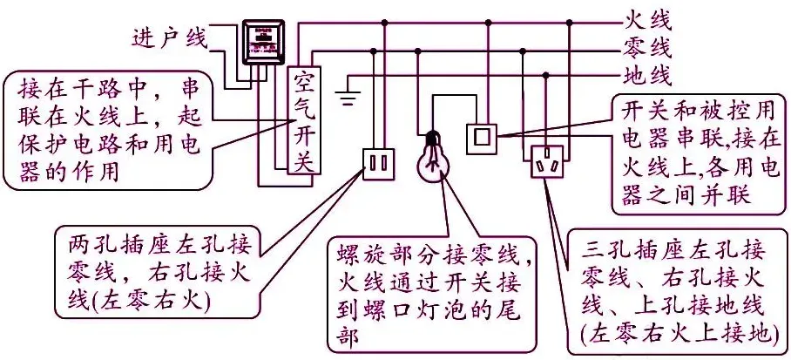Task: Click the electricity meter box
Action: (260, 43)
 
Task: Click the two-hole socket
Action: (378, 163)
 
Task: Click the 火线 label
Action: (648, 17)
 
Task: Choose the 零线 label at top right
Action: (648, 44)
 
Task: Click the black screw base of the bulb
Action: (431, 138)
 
